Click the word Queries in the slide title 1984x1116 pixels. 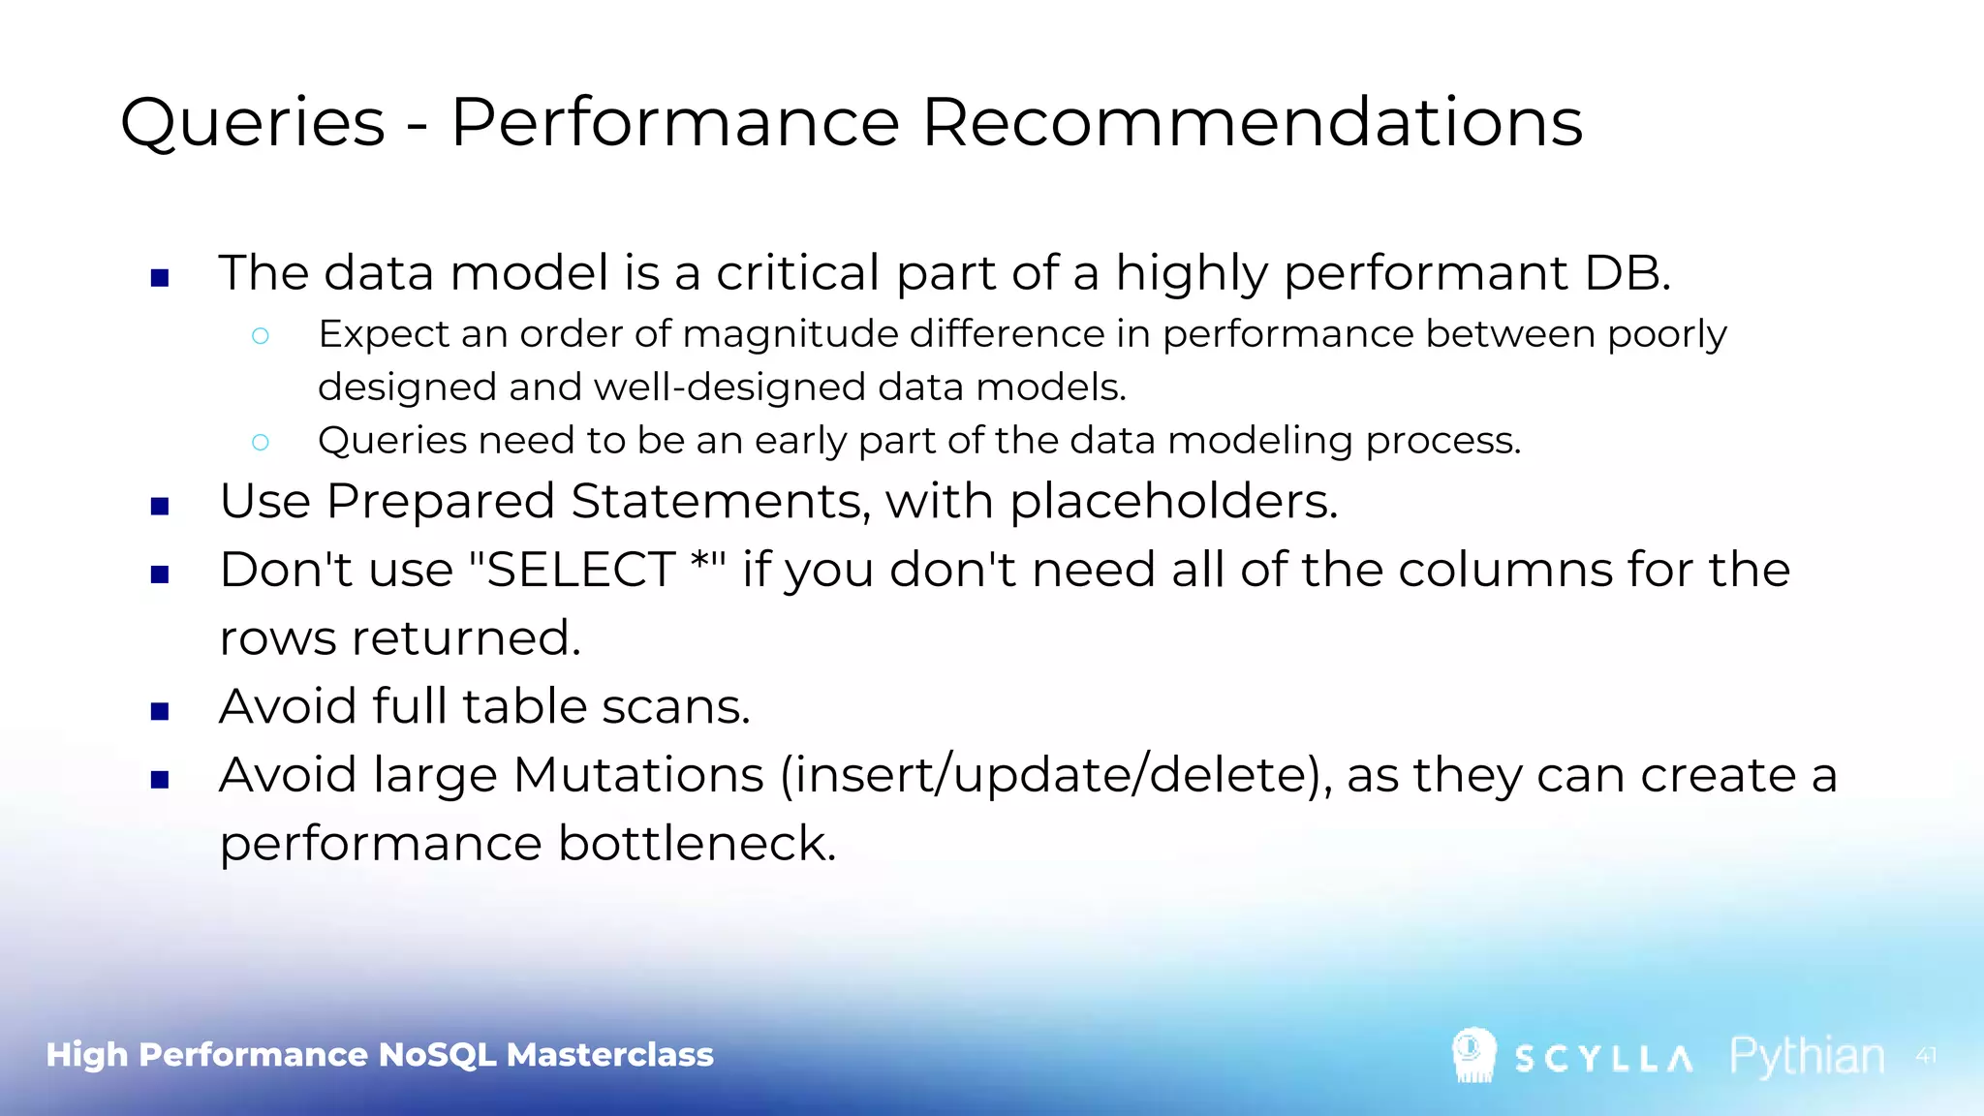pos(253,123)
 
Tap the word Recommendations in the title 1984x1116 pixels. pos(1252,123)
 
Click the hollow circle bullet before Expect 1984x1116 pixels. pos(260,336)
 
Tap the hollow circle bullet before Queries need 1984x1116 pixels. pos(260,443)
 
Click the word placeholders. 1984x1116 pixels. pos(1173,502)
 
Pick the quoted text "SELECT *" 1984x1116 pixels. pos(597,570)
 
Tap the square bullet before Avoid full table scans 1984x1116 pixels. pos(161,712)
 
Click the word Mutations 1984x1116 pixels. pos(638,776)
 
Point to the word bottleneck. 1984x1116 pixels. pos(697,844)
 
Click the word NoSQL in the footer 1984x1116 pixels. pos(437,1054)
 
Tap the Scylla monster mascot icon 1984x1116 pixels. pos(1473,1054)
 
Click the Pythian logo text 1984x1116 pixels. pos(1807,1056)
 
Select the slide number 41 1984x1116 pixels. pos(1926,1056)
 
